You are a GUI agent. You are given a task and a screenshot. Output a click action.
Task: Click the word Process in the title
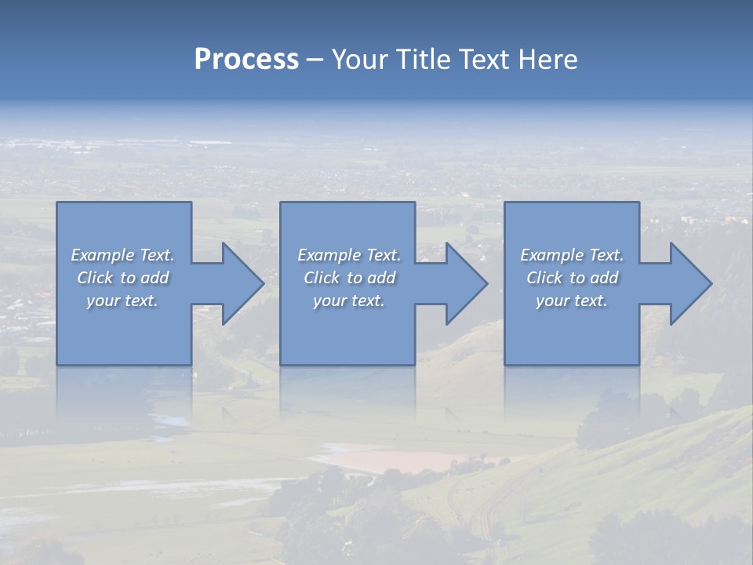coord(246,60)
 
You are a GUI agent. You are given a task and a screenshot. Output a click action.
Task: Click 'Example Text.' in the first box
coord(122,255)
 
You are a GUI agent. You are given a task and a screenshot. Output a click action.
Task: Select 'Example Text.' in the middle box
coord(349,255)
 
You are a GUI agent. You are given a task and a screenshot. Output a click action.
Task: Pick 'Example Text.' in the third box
coord(572,255)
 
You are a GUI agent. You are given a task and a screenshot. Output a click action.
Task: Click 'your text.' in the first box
coord(122,301)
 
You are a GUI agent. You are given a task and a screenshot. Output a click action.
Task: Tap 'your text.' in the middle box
coord(349,301)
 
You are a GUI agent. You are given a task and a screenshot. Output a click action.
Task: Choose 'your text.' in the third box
coord(572,301)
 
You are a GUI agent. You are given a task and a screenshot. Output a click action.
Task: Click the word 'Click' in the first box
coord(95,278)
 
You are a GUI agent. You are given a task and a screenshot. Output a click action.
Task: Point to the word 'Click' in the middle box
coord(322,278)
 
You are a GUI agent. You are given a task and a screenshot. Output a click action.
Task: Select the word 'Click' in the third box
coord(544,278)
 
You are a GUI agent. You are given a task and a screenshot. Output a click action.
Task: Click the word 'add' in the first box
coord(155,278)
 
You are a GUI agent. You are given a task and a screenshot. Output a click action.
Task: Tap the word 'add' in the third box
coord(604,278)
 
